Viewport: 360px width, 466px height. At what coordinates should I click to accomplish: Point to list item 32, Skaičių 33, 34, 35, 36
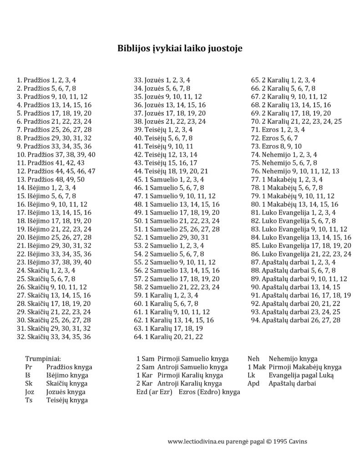pyautogui.click(x=53, y=337)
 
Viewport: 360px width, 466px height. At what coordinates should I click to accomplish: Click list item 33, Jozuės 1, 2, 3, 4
pyautogui.click(x=162, y=80)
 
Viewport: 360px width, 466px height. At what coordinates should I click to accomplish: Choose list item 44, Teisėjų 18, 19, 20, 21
pyautogui.click(x=171, y=171)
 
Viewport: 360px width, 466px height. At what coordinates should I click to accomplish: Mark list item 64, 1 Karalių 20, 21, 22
pyautogui.click(x=168, y=337)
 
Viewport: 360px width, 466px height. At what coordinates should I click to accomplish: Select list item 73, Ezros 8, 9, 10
pyautogui.click(x=276, y=146)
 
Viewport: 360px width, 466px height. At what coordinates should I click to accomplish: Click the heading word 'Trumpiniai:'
pyautogui.click(x=43, y=359)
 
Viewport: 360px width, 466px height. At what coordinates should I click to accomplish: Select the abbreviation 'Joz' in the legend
pyautogui.click(x=30, y=392)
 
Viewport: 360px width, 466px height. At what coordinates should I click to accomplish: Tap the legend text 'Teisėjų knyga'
pyautogui.click(x=67, y=400)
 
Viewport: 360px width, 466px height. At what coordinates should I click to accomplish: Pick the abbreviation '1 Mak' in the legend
pyautogui.click(x=256, y=367)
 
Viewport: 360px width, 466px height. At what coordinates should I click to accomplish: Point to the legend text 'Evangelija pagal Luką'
pyautogui.click(x=301, y=375)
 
